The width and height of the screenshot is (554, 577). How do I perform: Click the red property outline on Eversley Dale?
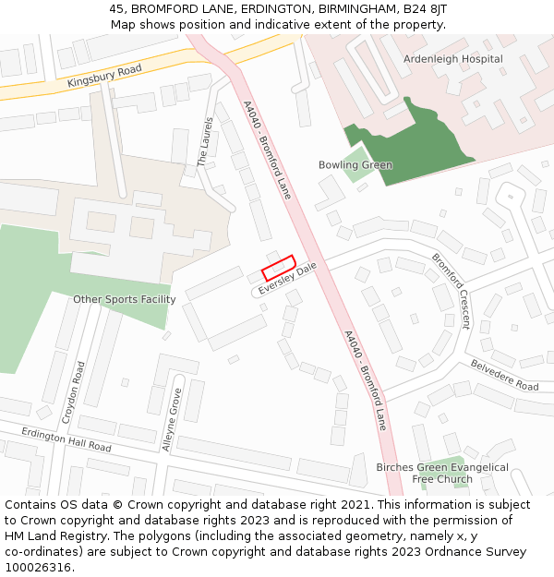click(x=278, y=268)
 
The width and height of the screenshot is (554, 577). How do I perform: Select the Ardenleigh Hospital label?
click(x=452, y=59)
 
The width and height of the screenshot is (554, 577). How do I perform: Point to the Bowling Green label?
click(x=355, y=165)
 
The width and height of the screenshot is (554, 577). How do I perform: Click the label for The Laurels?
click(x=205, y=142)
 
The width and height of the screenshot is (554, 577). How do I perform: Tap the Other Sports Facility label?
click(x=124, y=299)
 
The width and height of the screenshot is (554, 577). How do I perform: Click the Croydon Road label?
click(x=73, y=392)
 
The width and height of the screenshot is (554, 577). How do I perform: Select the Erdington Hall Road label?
click(x=66, y=440)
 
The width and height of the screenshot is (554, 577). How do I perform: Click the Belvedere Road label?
click(x=504, y=374)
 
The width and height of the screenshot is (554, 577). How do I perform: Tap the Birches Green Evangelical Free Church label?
click(x=441, y=473)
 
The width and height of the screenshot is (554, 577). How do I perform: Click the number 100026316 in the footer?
click(x=38, y=567)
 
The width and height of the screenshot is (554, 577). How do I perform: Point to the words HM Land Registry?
click(x=50, y=535)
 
